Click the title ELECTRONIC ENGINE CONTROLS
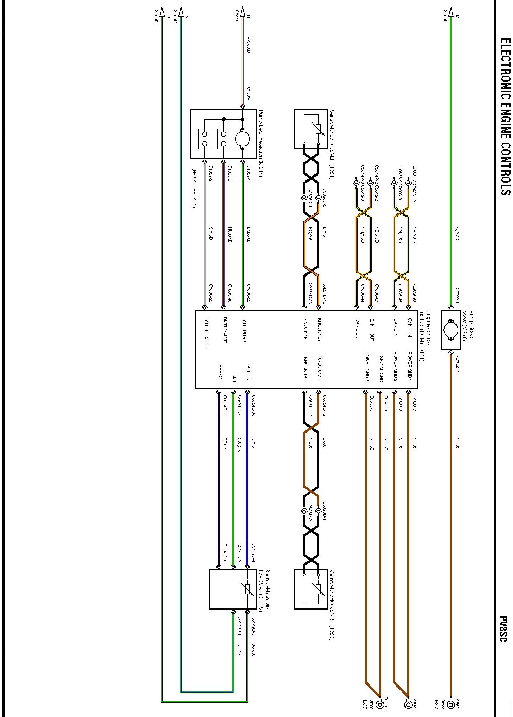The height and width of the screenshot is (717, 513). click(x=505, y=117)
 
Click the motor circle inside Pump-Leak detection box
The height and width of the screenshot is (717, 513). click(x=243, y=139)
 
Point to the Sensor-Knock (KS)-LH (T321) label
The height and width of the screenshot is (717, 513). click(x=332, y=145)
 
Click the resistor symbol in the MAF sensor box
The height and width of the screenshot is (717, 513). click(x=248, y=589)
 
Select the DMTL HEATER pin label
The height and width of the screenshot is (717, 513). click(x=206, y=333)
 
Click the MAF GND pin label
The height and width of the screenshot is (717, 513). click(x=220, y=374)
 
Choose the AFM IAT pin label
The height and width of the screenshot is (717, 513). click(x=249, y=374)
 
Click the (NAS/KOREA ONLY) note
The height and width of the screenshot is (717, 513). click(x=194, y=188)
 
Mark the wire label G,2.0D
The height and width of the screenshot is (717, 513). click(x=457, y=233)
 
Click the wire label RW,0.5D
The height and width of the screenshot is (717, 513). click(x=249, y=44)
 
